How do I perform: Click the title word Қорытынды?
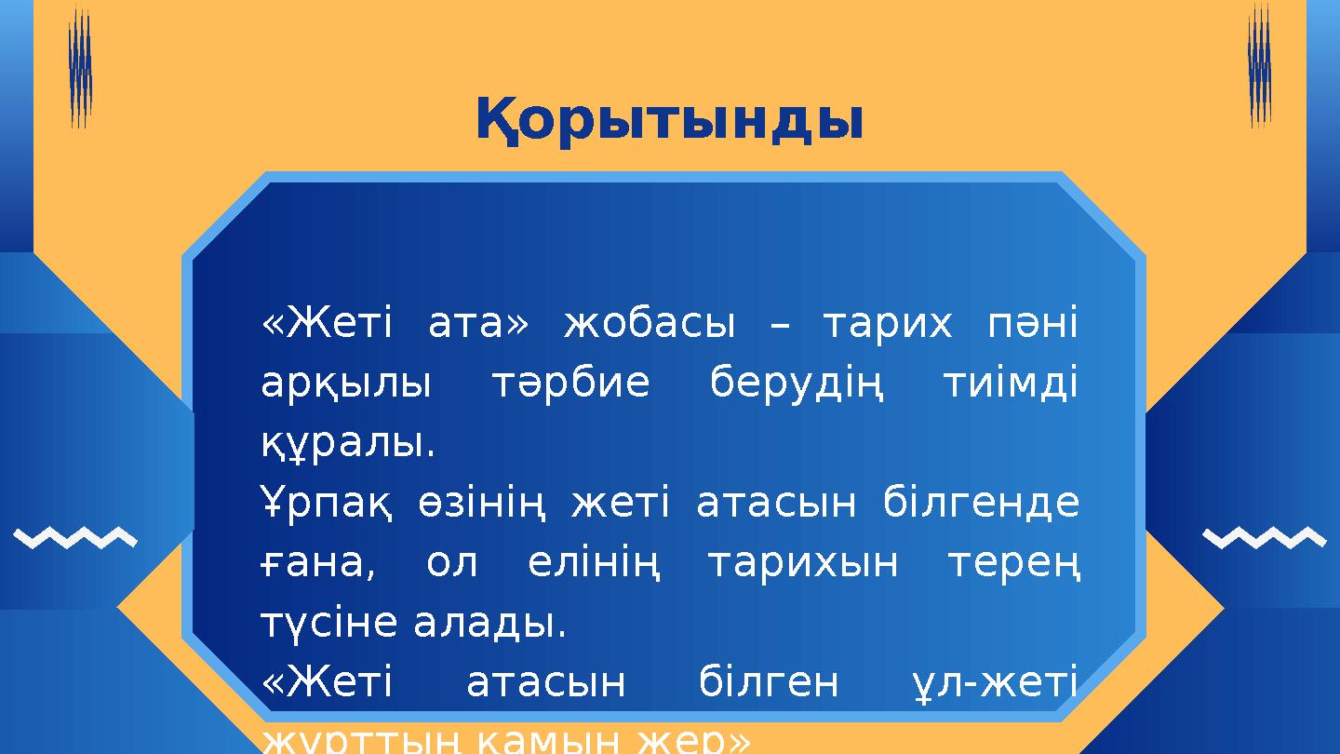point(669,121)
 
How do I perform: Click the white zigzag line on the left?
point(76,537)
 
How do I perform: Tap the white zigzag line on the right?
point(1264,537)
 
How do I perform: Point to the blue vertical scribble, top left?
point(81,70)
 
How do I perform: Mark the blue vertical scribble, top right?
point(1259,65)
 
